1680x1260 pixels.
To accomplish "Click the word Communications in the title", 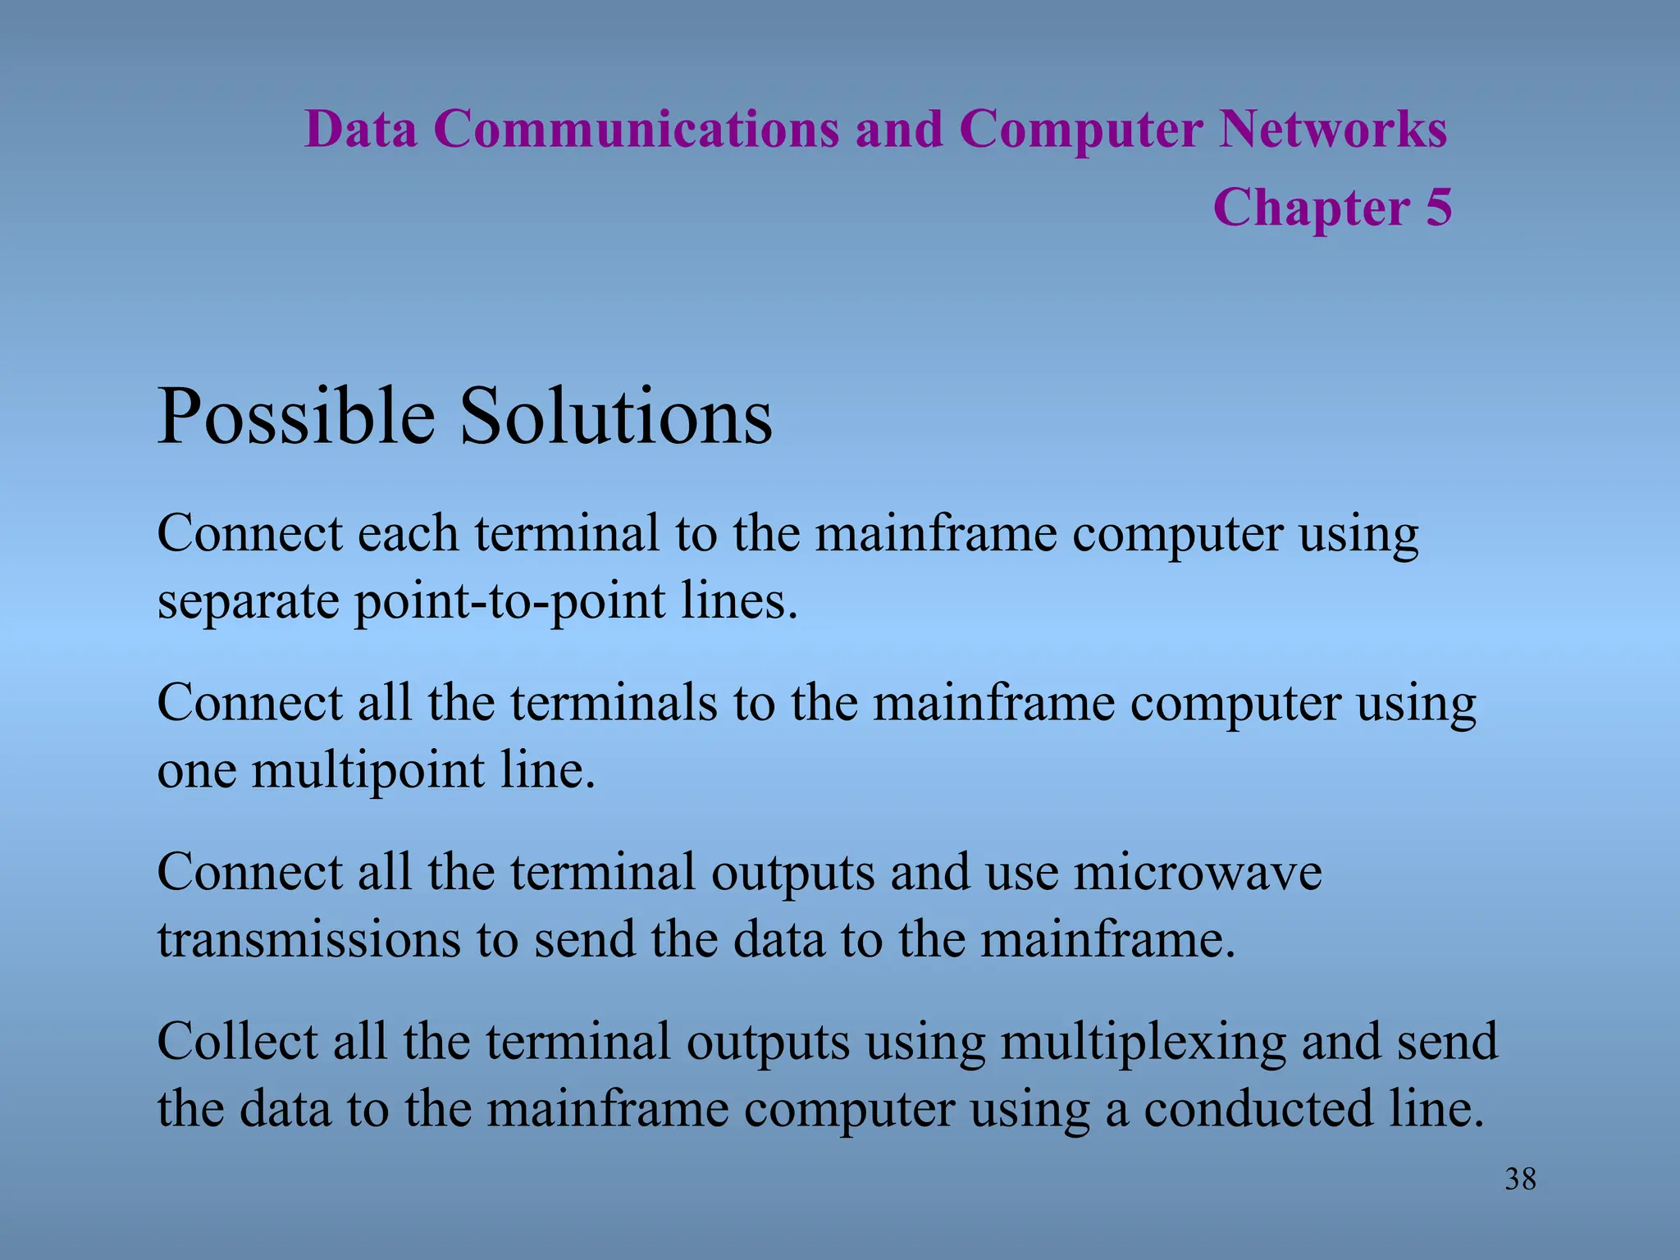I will (636, 130).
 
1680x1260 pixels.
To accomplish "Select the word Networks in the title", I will (1333, 130).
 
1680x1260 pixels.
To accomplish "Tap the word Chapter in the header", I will (1311, 208).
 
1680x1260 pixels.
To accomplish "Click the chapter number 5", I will (1438, 208).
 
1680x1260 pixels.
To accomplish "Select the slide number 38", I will (1520, 1180).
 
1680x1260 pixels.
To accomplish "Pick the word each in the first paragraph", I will (408, 534).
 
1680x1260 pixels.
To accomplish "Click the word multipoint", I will (367, 772).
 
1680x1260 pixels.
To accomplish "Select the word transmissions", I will (308, 940).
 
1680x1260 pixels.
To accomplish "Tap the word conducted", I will (1258, 1109).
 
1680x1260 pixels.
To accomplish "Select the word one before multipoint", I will (197, 772).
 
